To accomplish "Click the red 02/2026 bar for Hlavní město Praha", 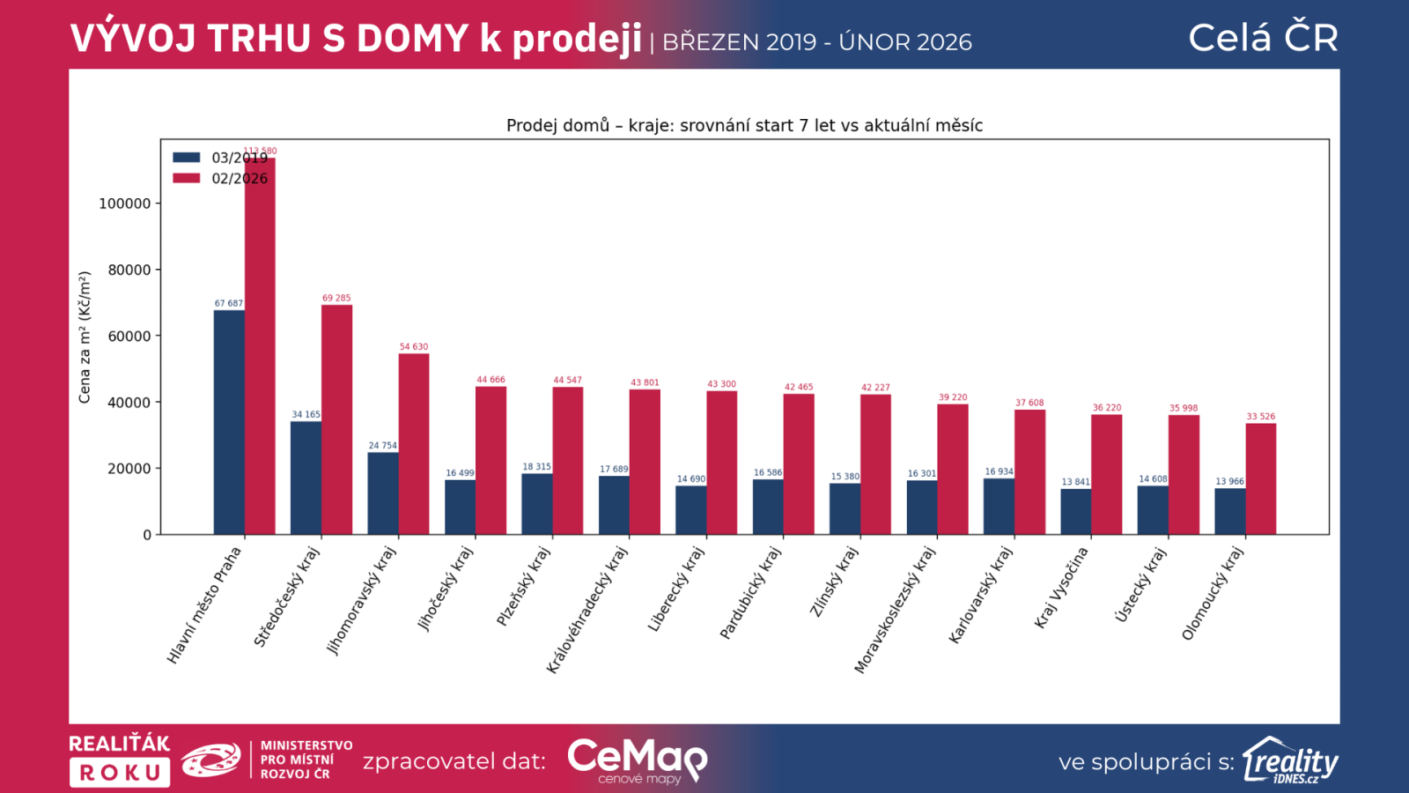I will tap(260, 352).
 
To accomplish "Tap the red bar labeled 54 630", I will tap(414, 444).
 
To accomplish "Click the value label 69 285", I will tap(336, 298).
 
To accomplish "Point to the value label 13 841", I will tap(1075, 482).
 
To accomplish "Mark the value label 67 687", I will tap(228, 303).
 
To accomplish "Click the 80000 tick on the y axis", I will tap(129, 270).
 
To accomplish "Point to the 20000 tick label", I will tap(129, 469).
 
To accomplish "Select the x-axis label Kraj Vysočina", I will tap(1061, 588).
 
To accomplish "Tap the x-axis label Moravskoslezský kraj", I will tap(895, 610).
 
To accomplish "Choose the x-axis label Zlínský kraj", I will tap(833, 582).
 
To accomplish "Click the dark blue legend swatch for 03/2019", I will tap(187, 158).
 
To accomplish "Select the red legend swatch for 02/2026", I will tap(187, 178).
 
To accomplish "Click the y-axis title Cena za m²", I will tap(85, 337).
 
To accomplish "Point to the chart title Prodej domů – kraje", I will tap(744, 125).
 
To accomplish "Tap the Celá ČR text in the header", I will tap(1263, 38).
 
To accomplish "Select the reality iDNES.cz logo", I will tap(1290, 760).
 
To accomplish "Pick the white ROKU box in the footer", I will tap(120, 773).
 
